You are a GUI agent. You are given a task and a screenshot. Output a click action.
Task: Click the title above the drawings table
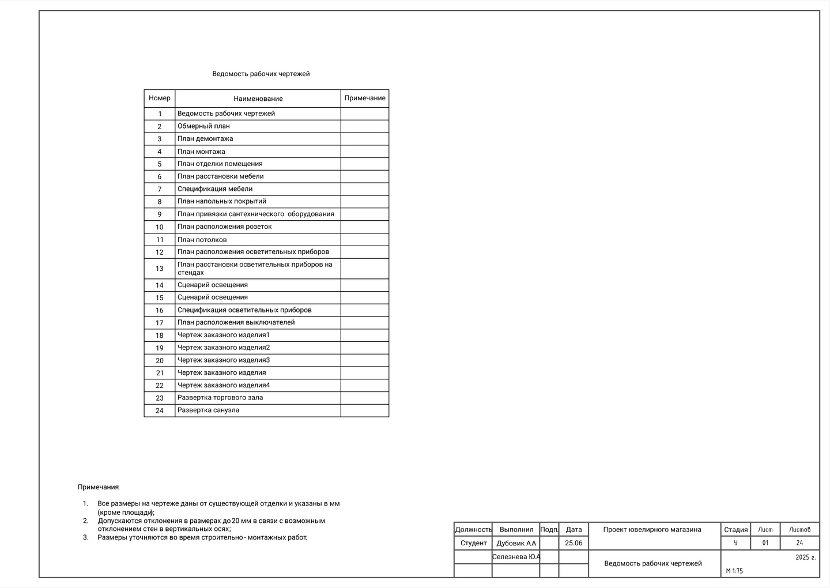click(261, 74)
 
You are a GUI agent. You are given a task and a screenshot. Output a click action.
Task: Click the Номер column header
click(160, 98)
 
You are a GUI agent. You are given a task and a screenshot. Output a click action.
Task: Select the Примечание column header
click(365, 98)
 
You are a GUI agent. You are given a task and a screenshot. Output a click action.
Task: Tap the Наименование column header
click(258, 99)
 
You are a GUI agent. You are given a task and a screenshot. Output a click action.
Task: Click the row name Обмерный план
click(203, 126)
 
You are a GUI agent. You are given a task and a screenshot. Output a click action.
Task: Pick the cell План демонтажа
click(205, 138)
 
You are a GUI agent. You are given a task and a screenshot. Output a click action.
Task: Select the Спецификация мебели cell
click(215, 189)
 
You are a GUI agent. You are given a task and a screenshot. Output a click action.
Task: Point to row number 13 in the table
click(160, 269)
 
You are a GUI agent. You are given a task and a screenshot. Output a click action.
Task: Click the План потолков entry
click(202, 239)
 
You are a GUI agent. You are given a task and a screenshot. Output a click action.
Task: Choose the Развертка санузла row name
click(208, 410)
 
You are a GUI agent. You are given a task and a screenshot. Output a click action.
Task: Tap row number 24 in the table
click(160, 410)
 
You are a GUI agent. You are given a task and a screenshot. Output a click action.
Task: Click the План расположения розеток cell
click(224, 227)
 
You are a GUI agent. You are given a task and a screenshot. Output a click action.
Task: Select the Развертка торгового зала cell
click(220, 397)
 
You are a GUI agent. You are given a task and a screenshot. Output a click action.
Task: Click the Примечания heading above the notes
click(99, 487)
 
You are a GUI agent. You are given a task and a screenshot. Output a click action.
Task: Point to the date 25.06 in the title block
click(574, 543)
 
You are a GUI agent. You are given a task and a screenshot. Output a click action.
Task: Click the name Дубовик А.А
click(516, 543)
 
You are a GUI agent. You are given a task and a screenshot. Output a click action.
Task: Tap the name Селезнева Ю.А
click(516, 557)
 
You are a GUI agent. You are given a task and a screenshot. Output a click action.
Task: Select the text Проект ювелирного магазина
click(652, 529)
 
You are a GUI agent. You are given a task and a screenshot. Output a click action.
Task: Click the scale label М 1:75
click(734, 571)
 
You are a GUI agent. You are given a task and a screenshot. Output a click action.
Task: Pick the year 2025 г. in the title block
click(805, 557)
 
